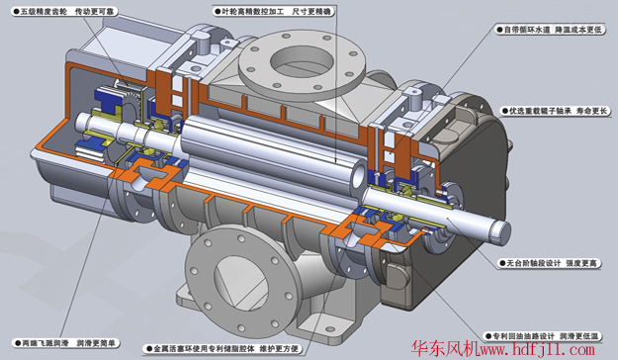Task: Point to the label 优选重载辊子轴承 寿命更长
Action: (554, 111)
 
